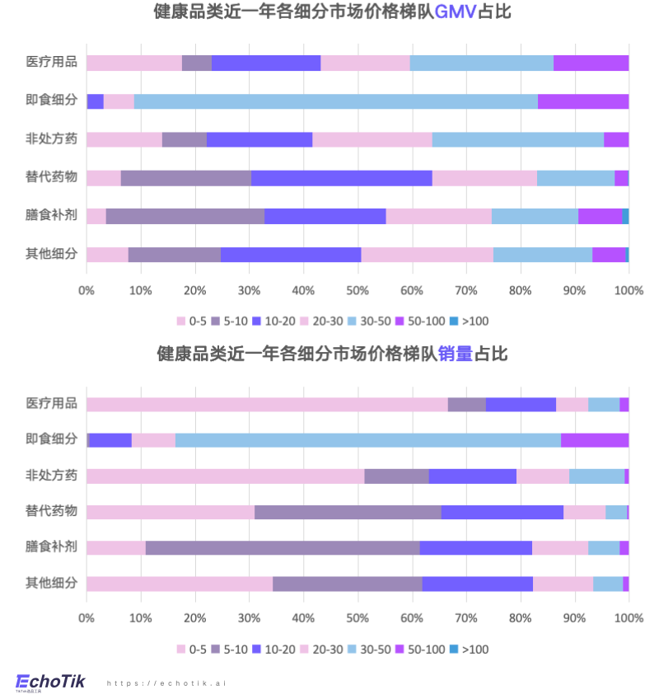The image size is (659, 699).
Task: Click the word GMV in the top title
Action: click(x=456, y=12)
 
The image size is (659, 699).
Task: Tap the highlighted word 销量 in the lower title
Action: click(x=455, y=354)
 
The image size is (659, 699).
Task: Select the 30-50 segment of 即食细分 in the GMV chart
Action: click(x=335, y=101)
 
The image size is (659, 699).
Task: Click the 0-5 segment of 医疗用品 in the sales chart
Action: click(x=267, y=404)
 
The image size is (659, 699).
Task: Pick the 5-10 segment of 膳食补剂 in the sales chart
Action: click(x=283, y=547)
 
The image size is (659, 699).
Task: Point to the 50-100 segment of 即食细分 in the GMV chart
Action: click(x=583, y=101)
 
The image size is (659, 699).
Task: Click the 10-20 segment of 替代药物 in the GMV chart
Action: click(x=341, y=177)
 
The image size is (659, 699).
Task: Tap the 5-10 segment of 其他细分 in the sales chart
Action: click(x=347, y=584)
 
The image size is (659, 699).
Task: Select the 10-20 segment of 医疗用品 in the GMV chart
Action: click(x=265, y=63)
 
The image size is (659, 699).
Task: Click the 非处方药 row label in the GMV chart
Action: click(x=51, y=138)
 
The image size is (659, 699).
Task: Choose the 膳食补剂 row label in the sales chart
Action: click(x=51, y=547)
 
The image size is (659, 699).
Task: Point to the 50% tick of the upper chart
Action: click(x=357, y=290)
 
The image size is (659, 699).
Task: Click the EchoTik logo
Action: click(x=51, y=682)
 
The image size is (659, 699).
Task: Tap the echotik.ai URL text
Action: click(x=166, y=683)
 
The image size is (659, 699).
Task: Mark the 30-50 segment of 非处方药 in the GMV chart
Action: click(x=517, y=139)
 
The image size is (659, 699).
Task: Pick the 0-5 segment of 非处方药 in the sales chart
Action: click(x=225, y=476)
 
